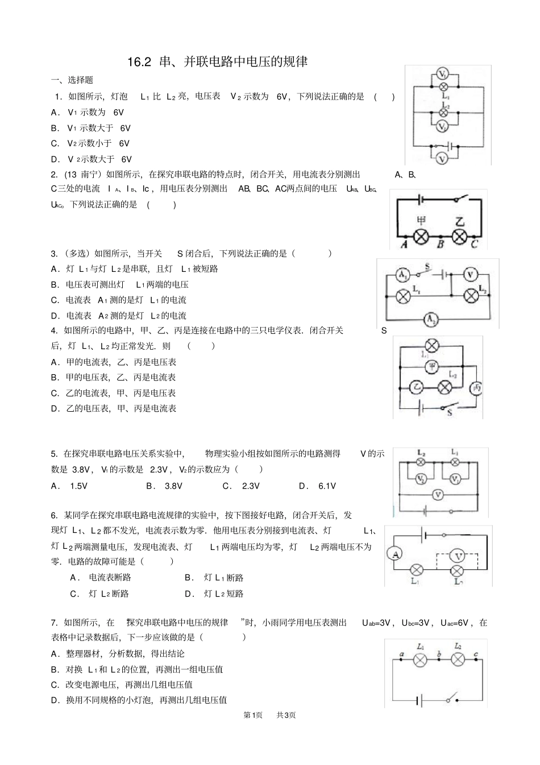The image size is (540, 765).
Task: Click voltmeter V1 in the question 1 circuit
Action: pyautogui.click(x=443, y=74)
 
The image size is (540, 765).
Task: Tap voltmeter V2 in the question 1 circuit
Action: pyautogui.click(x=443, y=127)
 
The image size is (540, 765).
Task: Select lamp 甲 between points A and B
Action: pyautogui.click(x=421, y=236)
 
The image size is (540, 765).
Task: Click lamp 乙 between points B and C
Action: pyautogui.click(x=459, y=236)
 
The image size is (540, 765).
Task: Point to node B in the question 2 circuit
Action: pyautogui.click(x=440, y=237)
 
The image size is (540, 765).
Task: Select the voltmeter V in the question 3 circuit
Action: pyautogui.click(x=470, y=275)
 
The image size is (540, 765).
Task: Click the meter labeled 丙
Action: pyautogui.click(x=476, y=388)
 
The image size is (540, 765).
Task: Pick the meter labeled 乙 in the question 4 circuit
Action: pyautogui.click(x=417, y=387)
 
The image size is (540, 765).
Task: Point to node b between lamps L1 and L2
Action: pyautogui.click(x=439, y=660)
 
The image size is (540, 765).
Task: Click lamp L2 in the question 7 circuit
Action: pyautogui.click(x=458, y=659)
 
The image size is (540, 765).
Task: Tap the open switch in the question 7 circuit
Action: pyautogui.click(x=452, y=698)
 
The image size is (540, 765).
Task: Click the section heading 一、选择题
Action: pyautogui.click(x=72, y=80)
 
